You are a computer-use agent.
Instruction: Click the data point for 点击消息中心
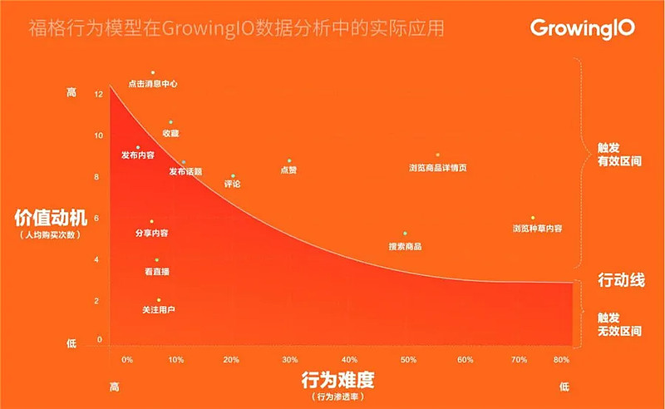click(x=153, y=73)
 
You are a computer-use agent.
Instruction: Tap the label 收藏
click(x=170, y=133)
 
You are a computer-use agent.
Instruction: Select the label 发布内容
click(x=137, y=155)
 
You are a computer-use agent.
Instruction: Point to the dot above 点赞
click(x=289, y=160)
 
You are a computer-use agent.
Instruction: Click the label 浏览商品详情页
click(x=437, y=168)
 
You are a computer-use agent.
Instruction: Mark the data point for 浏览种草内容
click(x=533, y=218)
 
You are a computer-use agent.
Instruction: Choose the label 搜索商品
click(x=405, y=247)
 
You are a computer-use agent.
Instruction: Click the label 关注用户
click(x=159, y=310)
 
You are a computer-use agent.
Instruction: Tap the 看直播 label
click(x=156, y=272)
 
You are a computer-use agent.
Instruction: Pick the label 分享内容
click(x=150, y=234)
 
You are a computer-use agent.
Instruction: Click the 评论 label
click(x=233, y=184)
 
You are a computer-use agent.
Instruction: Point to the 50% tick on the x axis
click(x=408, y=360)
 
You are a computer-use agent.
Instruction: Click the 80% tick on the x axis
click(x=561, y=360)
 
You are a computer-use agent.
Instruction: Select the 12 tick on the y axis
click(x=99, y=94)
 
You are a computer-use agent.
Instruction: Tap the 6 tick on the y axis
click(x=99, y=219)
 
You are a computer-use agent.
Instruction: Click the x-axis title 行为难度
click(x=338, y=381)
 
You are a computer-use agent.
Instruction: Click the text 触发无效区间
click(x=619, y=324)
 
